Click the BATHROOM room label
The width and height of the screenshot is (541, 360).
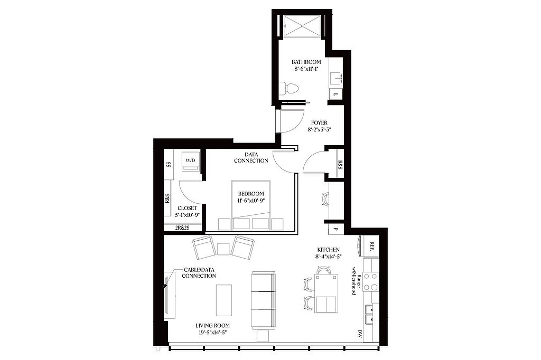point(306,62)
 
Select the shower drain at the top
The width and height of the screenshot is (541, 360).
point(302,25)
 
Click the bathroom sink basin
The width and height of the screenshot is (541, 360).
point(335,79)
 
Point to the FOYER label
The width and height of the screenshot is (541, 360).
point(319,123)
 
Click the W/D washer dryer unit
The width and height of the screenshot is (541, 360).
point(190,160)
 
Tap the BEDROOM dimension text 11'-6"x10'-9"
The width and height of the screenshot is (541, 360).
point(251,201)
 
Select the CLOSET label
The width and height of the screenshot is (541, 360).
point(187,209)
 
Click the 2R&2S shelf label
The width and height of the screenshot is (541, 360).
point(182,228)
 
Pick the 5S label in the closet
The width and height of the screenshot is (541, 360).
point(169,164)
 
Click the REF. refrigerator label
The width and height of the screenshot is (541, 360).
point(371,245)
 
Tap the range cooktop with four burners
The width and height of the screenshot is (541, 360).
point(371,282)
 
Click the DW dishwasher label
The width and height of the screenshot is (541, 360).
point(359,334)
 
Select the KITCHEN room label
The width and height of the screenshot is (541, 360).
point(329,250)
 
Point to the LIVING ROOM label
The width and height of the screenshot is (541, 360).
point(212,326)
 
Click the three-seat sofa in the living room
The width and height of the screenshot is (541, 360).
point(263,300)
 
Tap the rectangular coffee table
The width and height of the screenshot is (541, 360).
point(224,300)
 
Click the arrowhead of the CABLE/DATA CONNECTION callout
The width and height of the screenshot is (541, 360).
point(165,285)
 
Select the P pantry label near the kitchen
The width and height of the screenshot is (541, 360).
point(334,229)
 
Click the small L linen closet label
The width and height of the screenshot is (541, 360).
point(334,94)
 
